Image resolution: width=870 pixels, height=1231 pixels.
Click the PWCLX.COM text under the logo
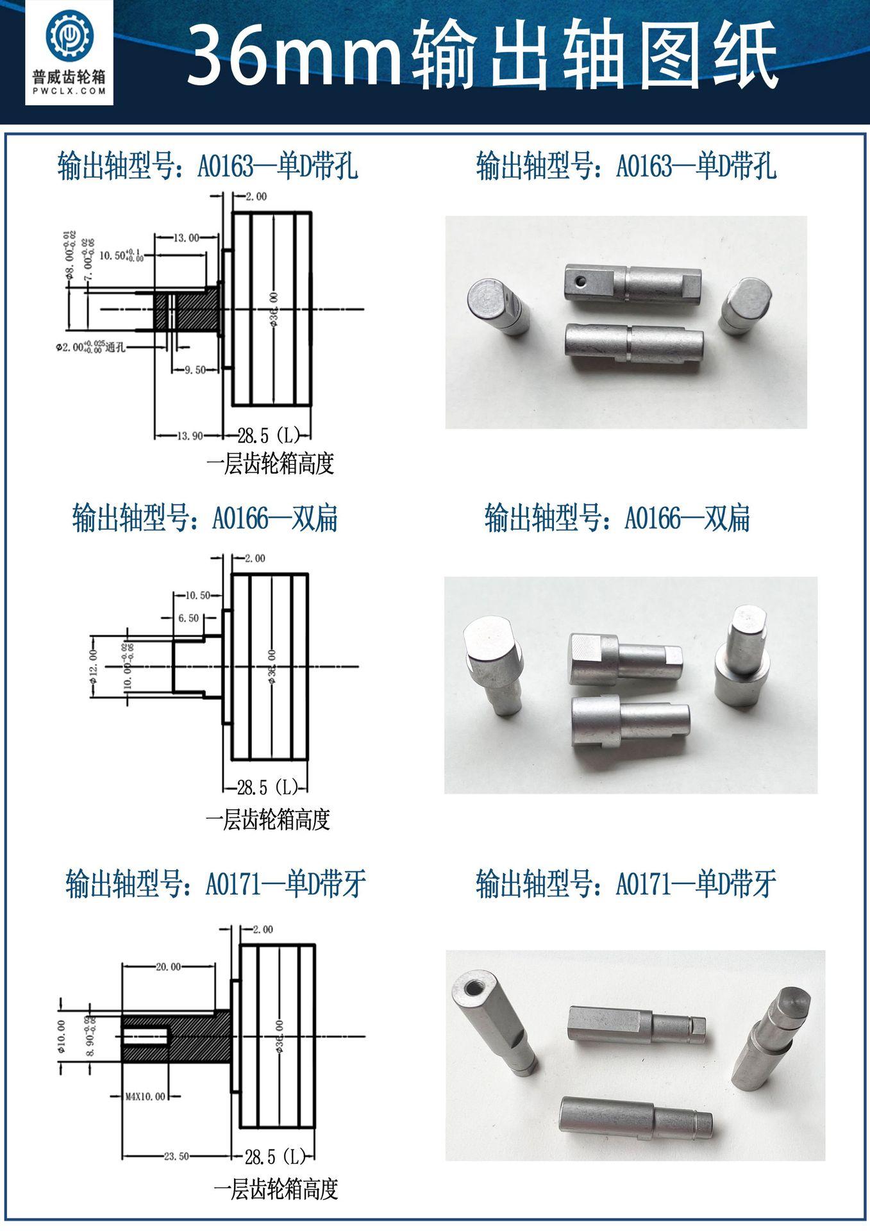coord(69,91)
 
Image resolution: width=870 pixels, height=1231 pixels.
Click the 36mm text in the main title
coord(292,54)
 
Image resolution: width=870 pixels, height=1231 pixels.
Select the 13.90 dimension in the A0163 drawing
coord(189,436)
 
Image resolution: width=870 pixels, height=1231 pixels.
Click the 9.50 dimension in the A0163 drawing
coord(195,370)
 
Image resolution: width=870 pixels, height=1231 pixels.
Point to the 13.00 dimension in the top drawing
coord(187,238)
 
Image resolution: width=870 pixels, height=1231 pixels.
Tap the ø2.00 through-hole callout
coord(90,347)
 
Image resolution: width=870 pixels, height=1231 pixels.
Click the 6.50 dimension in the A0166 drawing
coord(188,618)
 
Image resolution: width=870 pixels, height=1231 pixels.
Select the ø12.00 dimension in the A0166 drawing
coord(93,664)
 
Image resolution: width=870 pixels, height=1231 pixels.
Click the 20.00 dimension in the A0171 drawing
coord(168,967)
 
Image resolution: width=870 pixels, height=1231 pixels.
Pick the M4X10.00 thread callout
coord(145,1096)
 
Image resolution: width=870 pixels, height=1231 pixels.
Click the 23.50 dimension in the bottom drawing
coord(176,1157)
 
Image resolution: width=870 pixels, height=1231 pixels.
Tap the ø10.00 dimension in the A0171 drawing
coord(62,1037)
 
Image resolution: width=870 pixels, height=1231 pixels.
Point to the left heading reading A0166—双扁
coord(205,518)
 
